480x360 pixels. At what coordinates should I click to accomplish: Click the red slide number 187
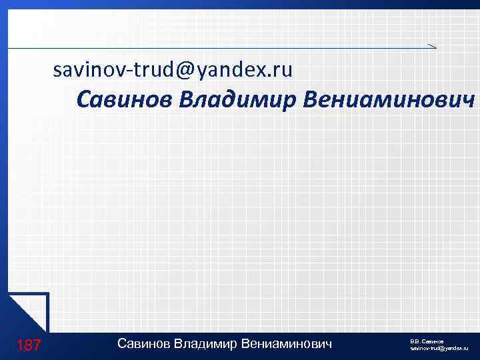point(29,345)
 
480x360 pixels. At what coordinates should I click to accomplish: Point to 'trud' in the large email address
point(155,69)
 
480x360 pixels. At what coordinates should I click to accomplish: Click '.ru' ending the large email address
point(280,69)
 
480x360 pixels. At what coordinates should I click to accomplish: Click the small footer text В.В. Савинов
point(427,341)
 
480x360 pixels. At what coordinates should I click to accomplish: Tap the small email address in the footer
point(439,349)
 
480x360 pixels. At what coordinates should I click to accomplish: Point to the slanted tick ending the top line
point(432,45)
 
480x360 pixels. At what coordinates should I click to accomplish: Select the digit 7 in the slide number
point(37,345)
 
